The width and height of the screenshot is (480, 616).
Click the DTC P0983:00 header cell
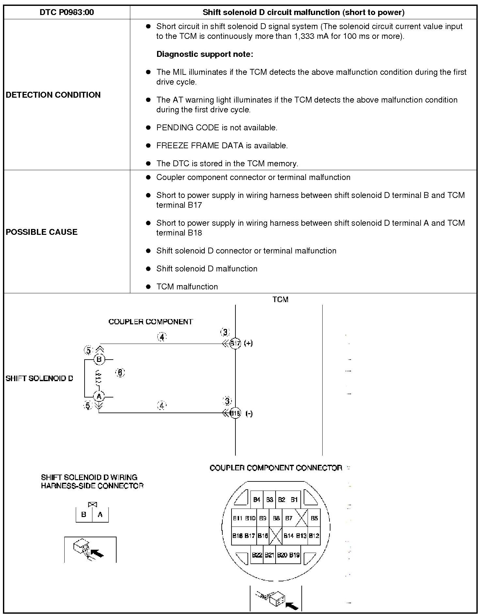(67, 12)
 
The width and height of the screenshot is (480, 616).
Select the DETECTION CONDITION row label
(53, 95)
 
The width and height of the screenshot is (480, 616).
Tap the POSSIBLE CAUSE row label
(41, 232)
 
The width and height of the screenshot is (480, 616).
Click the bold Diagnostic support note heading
(205, 54)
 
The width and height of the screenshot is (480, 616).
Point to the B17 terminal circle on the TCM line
(235, 343)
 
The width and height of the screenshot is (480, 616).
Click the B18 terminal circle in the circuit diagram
(235, 413)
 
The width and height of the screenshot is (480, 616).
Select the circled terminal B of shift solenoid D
(99, 360)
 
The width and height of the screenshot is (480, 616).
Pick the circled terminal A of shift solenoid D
(99, 397)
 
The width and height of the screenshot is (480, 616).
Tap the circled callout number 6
(120, 372)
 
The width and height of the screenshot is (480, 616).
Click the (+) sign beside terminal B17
(248, 343)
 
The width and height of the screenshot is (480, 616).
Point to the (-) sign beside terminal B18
(249, 413)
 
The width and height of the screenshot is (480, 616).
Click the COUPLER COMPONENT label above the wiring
(151, 322)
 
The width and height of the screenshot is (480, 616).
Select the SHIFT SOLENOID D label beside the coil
(39, 378)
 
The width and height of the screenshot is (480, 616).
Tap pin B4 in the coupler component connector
(257, 500)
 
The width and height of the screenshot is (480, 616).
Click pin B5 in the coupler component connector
(314, 518)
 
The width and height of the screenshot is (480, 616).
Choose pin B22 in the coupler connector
(257, 555)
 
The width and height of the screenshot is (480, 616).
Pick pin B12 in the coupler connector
(314, 536)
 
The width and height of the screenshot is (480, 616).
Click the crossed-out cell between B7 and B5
(301, 518)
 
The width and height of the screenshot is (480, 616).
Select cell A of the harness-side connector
(100, 515)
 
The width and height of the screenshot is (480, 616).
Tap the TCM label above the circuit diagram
(280, 300)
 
